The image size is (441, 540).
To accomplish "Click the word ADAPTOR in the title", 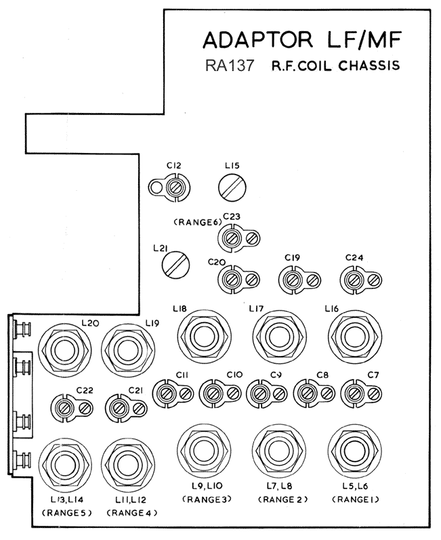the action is coord(258,40).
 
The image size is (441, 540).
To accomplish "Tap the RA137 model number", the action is coord(230,66).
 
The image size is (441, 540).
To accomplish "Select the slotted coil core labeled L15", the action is coord(232,187).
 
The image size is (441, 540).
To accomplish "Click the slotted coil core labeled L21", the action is coord(176,265).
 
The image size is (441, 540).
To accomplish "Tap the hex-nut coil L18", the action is coord(204,336).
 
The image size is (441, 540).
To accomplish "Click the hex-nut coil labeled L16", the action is coord(355,336).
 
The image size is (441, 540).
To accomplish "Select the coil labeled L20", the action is coord(65,350).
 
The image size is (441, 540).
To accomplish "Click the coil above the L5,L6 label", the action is coord(355,451).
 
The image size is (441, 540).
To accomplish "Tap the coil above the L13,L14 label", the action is coord(65,465).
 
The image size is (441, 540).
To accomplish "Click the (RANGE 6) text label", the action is coord(197,222).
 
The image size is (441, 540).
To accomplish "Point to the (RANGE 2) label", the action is coord(282,499).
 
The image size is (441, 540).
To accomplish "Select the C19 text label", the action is coord(293,257).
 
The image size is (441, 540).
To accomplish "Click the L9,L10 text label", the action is coord(207,486).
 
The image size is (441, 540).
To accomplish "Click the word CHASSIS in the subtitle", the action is coord(369,66).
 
